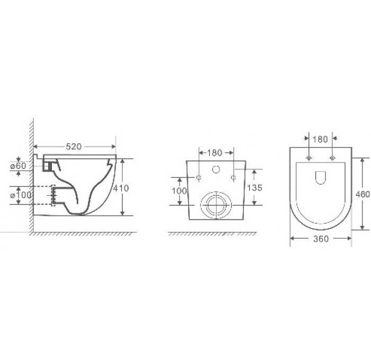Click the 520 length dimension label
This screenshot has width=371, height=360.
(75, 147)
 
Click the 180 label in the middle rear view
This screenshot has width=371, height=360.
(215, 153)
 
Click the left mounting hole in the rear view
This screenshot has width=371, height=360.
(198, 176)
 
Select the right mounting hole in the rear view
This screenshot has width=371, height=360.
(233, 176)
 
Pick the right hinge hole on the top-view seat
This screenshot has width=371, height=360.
(333, 158)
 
